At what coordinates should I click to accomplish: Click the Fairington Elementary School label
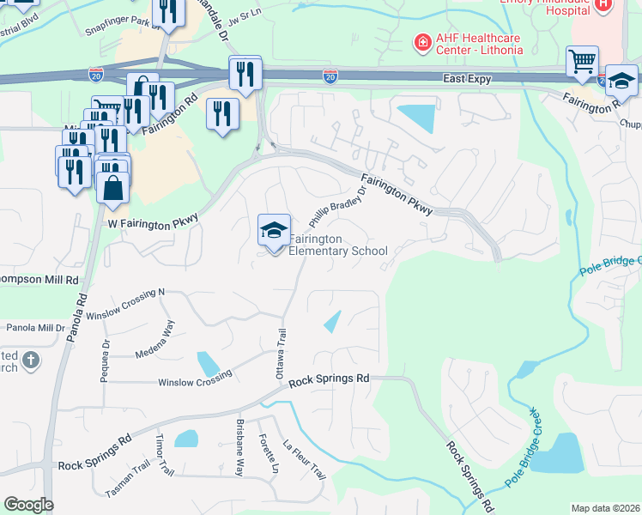pos(337,245)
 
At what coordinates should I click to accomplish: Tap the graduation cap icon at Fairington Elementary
pos(274,230)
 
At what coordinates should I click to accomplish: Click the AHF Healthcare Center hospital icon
pos(421,43)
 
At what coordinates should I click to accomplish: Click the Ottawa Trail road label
pos(279,353)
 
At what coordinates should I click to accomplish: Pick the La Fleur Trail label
pos(305,460)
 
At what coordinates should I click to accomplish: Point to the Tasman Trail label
pos(127,488)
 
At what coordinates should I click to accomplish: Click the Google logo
pos(28,505)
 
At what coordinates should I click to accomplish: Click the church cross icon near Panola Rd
pos(30,360)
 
